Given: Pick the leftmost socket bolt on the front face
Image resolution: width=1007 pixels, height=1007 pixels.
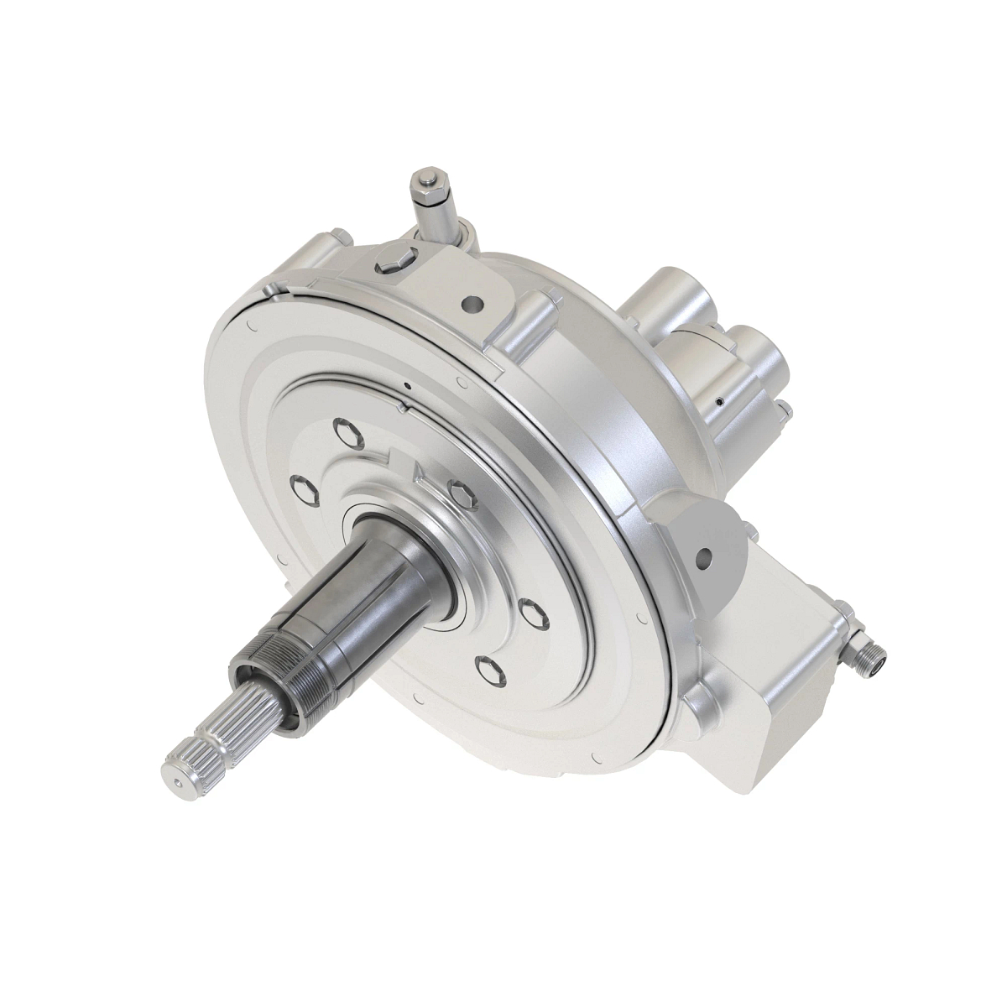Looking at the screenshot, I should [305, 488].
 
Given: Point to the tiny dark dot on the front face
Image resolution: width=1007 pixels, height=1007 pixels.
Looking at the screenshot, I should [407, 387].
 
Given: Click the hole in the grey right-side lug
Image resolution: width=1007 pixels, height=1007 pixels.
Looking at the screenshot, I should [705, 555].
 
